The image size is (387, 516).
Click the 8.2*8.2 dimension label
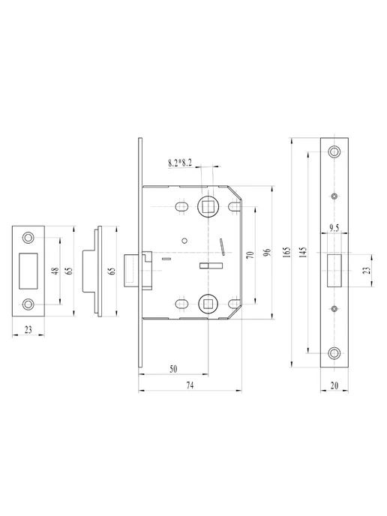180,163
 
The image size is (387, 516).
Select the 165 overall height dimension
287,252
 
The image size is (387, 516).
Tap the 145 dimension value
304,252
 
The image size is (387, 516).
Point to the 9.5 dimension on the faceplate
334,228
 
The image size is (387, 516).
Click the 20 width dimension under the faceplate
334,385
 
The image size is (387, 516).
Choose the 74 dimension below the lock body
190,385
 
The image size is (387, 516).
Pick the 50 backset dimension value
173,369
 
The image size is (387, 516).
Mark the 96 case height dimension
267,253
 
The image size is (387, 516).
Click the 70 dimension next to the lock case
250,255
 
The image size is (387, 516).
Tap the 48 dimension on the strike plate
56,271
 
